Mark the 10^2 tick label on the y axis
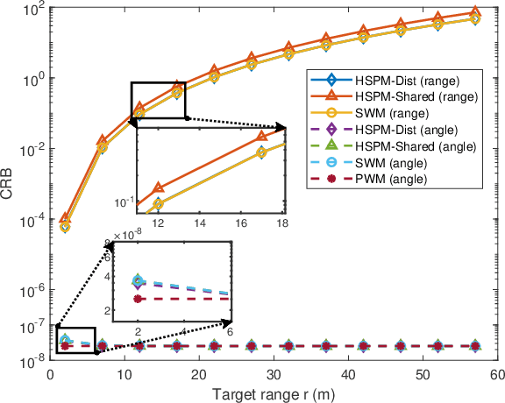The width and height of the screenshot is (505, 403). pyautogui.click(x=32, y=11)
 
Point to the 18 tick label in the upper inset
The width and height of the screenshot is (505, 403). pyautogui.click(x=283, y=224)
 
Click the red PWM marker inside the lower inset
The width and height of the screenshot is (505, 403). pyautogui.click(x=138, y=299)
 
